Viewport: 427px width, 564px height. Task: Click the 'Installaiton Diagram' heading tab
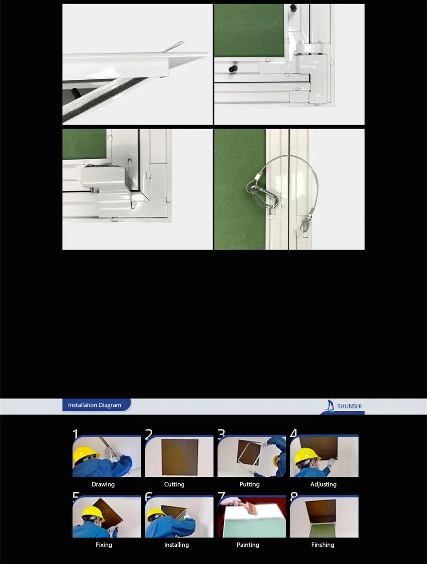pos(95,405)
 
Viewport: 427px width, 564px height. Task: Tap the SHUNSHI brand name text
pos(349,406)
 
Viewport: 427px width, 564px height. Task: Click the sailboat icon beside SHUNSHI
pos(330,405)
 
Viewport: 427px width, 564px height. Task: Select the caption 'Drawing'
pos(103,484)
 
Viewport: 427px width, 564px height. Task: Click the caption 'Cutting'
pos(174,484)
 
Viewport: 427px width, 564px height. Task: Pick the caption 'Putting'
pos(249,484)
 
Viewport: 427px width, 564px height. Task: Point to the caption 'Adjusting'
pos(323,484)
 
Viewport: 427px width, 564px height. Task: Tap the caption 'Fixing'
pos(104,545)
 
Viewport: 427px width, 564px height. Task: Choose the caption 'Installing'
pos(176,545)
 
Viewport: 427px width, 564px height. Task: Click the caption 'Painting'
pos(248,545)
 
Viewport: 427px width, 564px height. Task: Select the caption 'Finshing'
pos(323,545)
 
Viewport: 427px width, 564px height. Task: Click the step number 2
pos(149,434)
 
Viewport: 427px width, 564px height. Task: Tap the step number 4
pos(294,434)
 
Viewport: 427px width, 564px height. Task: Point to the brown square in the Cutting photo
pos(180,457)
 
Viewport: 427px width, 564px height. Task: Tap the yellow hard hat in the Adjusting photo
pos(307,456)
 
